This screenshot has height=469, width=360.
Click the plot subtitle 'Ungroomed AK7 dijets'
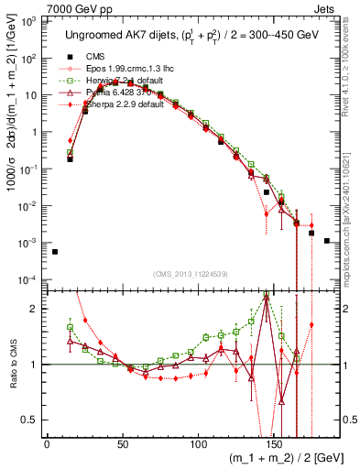(x=119, y=35)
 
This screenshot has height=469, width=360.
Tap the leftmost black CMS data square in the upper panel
(x=55, y=251)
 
